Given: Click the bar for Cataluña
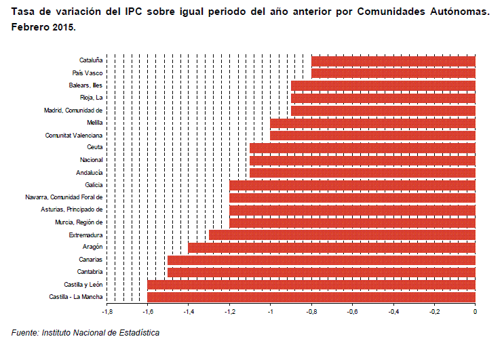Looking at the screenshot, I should tap(393, 61).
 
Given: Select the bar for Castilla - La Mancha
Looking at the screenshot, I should tap(311, 297).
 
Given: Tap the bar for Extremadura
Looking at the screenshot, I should tap(342, 235).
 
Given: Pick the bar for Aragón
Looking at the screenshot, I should tap(332, 247).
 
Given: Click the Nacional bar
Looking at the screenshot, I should tap(362, 160).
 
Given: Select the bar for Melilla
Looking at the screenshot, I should tap(372, 123).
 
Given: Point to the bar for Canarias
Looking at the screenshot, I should tap(322, 260).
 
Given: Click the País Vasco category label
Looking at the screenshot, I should tap(88, 73).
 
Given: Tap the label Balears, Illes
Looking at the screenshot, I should tap(85, 85).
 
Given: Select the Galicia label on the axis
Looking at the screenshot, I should tap(94, 185).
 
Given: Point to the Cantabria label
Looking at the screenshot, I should tap(90, 273).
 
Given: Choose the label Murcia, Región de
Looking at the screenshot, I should tap(79, 222).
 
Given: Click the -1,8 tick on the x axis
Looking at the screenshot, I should tap(107, 312).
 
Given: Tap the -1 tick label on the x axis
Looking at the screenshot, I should tap(270, 312).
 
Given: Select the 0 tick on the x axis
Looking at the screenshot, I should tap(475, 312).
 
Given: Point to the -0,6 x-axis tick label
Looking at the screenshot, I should tap(352, 312).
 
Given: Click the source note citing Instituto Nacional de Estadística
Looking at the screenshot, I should tap(85, 333).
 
